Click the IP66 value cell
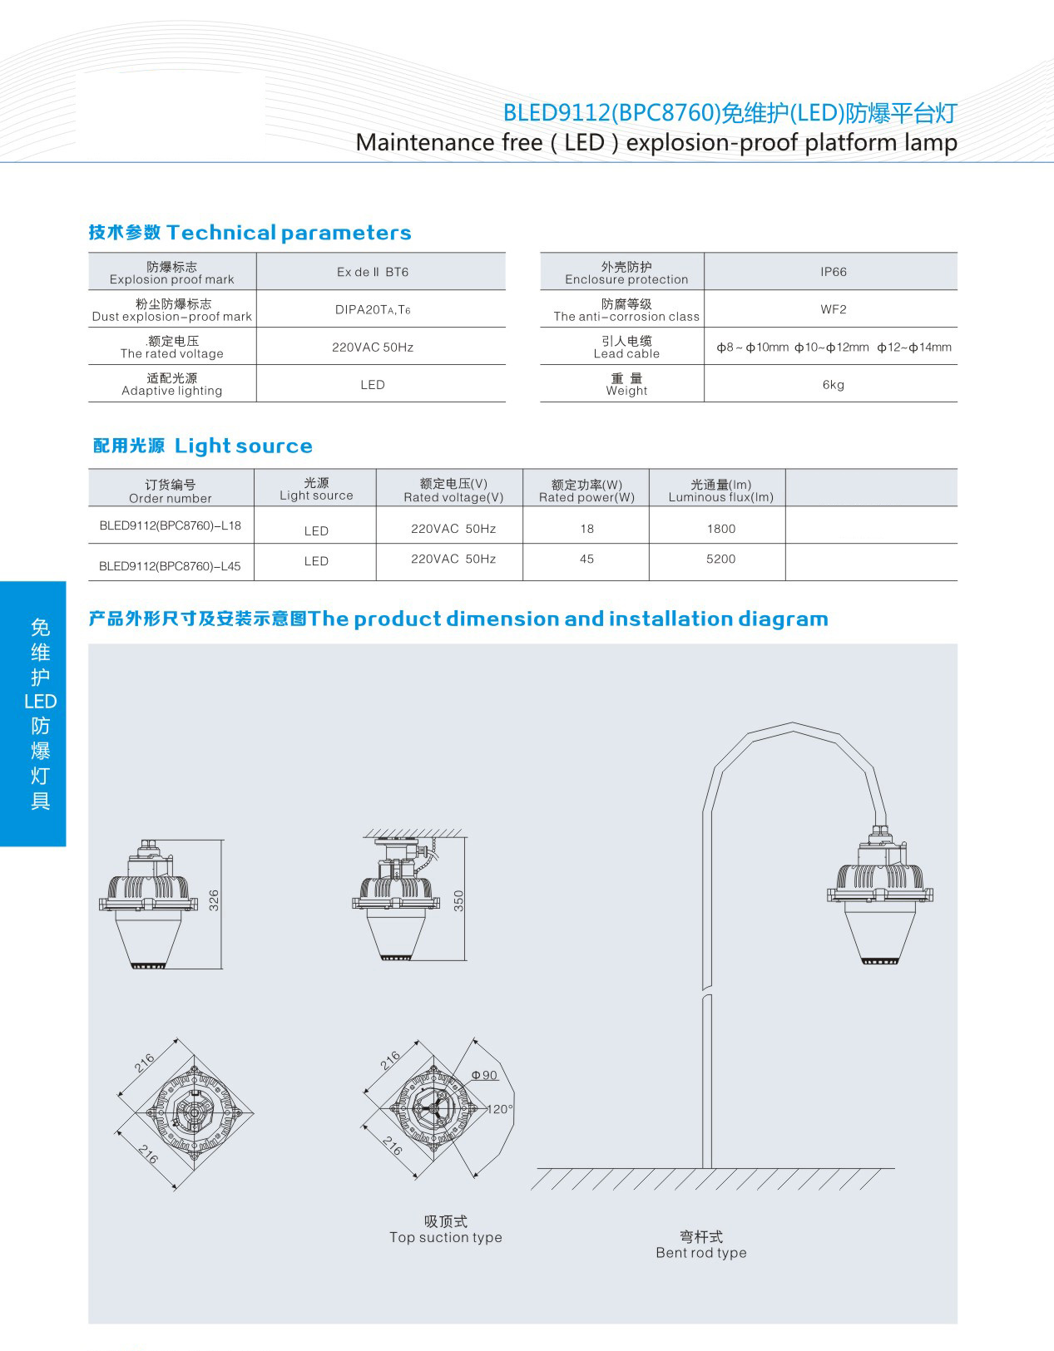pos(833,272)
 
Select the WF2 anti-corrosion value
pos(833,309)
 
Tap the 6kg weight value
pos(833,385)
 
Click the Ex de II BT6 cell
pos(373,272)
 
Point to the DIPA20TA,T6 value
pos(373,310)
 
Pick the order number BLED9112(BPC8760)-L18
pos(170,525)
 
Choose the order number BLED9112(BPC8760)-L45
pos(170,566)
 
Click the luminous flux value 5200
pos(720,559)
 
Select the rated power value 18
pos(586,529)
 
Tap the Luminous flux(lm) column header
pos(720,491)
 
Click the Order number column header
pos(171,491)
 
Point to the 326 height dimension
pos(214,900)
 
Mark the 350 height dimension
pos(458,900)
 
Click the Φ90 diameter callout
pos(484,1075)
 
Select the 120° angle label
pos(499,1109)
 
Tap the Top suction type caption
pos(446,1229)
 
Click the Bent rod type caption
pos(701,1245)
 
